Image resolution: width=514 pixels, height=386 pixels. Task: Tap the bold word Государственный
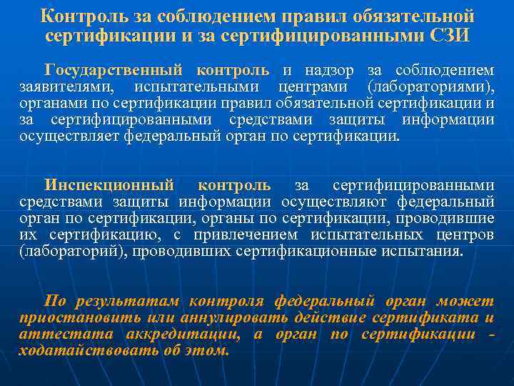tap(116, 70)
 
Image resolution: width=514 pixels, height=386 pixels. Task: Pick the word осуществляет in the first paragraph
tap(66, 136)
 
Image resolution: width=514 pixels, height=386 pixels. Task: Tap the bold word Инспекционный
tap(109, 186)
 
